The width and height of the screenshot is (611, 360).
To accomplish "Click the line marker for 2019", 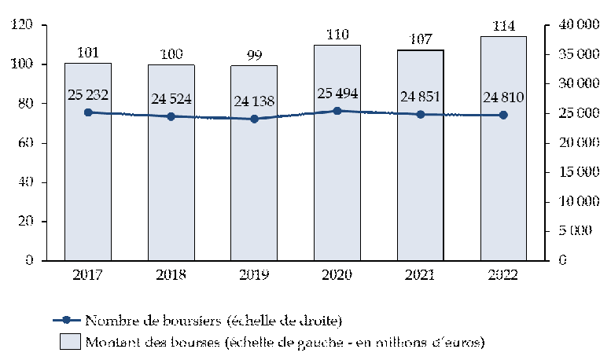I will click(254, 119).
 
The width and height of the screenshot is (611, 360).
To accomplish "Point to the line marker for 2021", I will click(421, 115).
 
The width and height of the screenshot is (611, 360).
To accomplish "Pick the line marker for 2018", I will click(171, 116).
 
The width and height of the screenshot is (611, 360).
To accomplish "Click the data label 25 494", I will click(337, 94).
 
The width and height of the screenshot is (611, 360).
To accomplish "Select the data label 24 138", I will click(254, 101).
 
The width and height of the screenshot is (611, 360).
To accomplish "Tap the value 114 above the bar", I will click(503, 26).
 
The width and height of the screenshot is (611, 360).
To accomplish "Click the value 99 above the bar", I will click(254, 54).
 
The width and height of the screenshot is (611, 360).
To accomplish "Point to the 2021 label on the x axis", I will click(421, 275).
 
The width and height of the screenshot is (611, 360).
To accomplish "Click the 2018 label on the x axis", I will click(171, 275).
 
